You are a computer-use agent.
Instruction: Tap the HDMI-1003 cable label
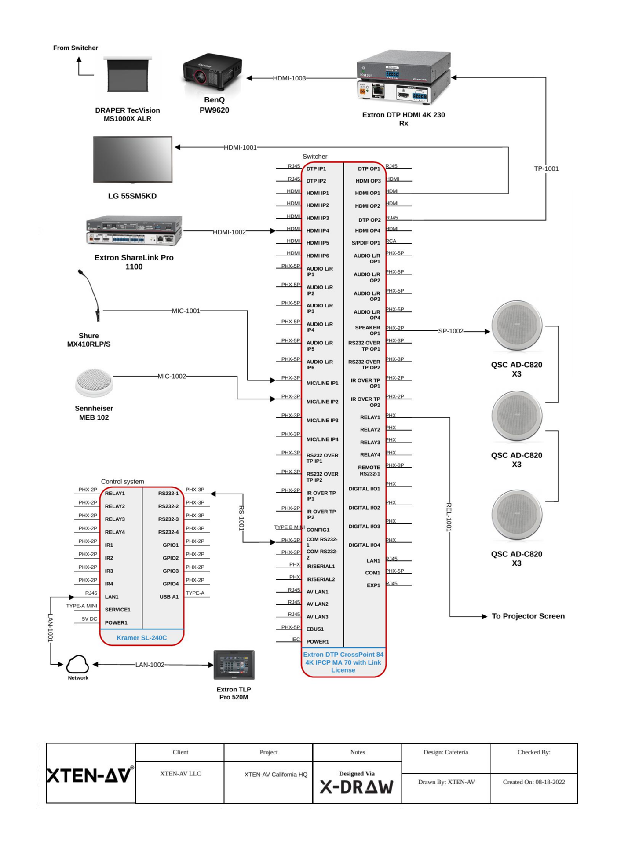[x=289, y=78]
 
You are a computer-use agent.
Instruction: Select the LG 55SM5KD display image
[x=132, y=159]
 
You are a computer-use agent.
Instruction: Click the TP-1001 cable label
[x=546, y=169]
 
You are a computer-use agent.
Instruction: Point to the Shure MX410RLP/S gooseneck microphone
[x=91, y=295]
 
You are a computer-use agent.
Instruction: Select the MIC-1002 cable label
[x=172, y=377]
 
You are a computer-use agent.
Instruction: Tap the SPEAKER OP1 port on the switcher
[x=368, y=330]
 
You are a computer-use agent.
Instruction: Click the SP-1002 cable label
[x=450, y=331]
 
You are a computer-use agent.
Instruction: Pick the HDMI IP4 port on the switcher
[x=318, y=231]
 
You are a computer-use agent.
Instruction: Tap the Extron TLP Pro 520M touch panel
[x=234, y=665]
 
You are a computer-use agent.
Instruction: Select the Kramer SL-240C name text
[x=142, y=638]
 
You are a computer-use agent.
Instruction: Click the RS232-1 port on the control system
[x=168, y=494]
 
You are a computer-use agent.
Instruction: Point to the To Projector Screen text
[x=528, y=616]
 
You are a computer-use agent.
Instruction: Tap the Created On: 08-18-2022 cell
[x=533, y=782]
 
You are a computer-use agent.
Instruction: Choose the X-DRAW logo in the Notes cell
[x=357, y=787]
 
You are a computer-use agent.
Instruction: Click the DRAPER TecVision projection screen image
[x=128, y=75]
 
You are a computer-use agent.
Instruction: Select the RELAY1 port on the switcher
[x=370, y=417]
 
